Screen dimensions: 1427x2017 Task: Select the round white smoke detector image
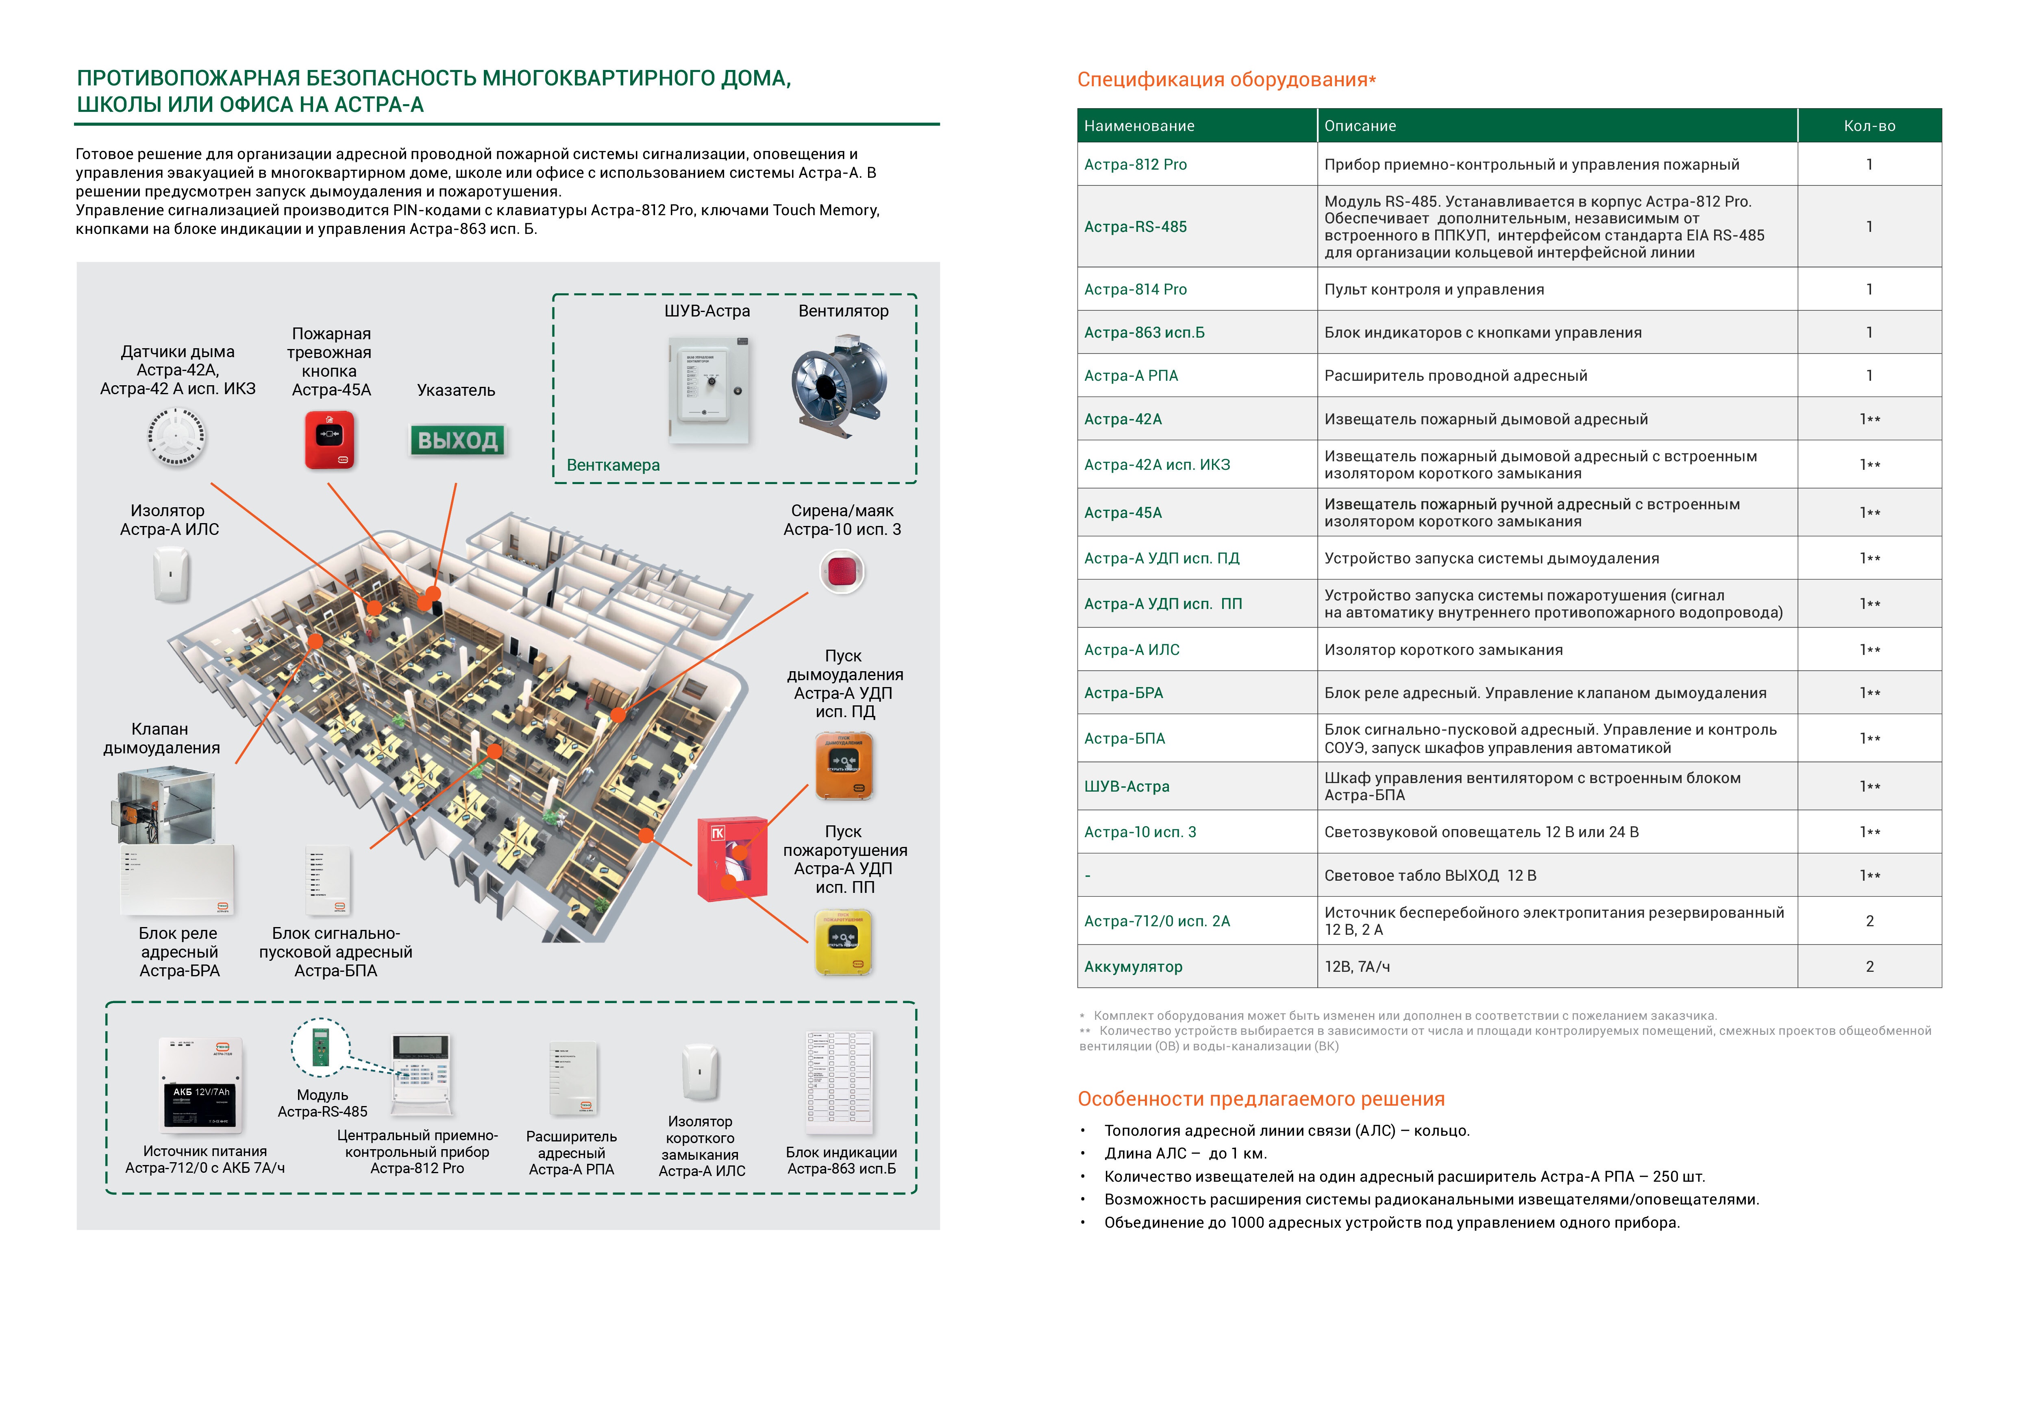(176, 437)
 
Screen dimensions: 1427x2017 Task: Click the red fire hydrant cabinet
(731, 858)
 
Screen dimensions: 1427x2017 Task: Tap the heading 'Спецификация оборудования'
(1225, 80)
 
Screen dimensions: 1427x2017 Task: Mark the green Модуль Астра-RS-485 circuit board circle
(321, 1047)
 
